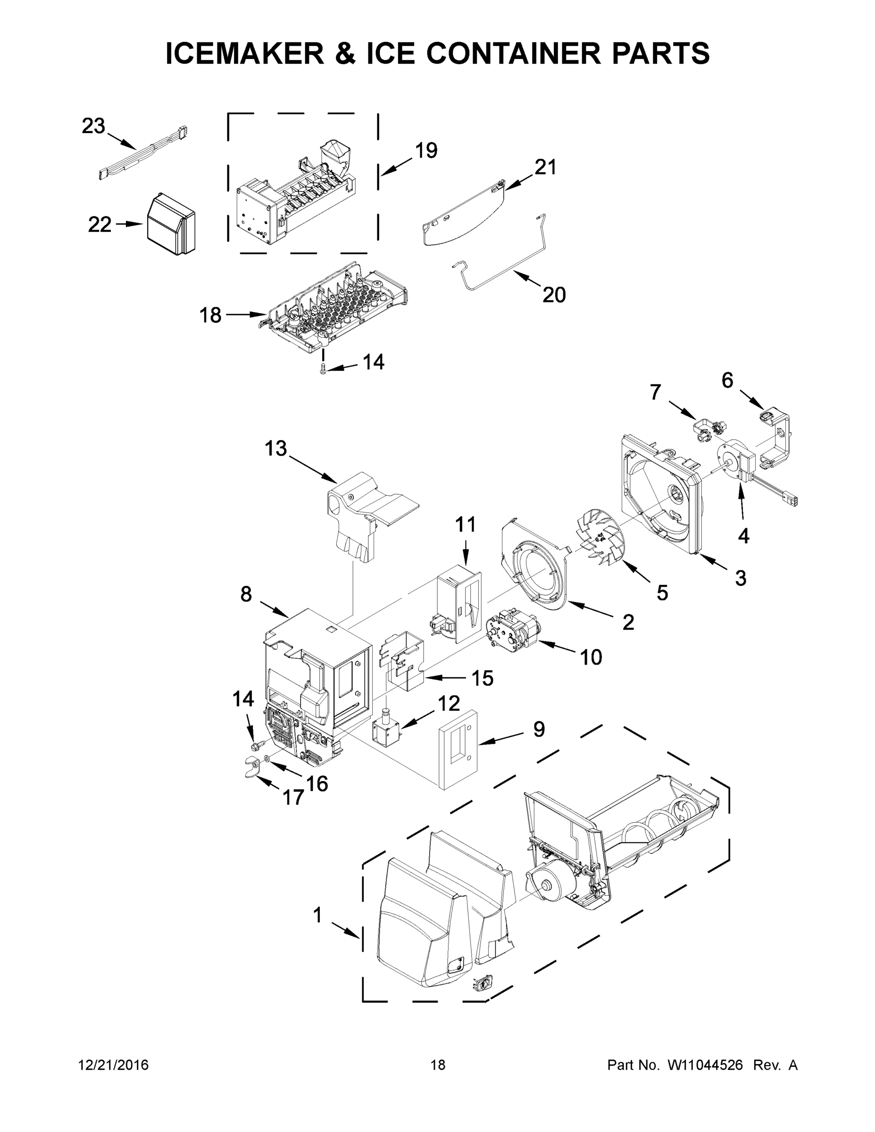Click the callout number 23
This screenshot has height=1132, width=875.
coord(93,126)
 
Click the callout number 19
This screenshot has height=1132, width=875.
coord(426,151)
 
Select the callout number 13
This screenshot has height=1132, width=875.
coord(275,449)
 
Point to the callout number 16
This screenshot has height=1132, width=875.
coord(317,784)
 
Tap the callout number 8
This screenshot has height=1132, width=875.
coord(246,594)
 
